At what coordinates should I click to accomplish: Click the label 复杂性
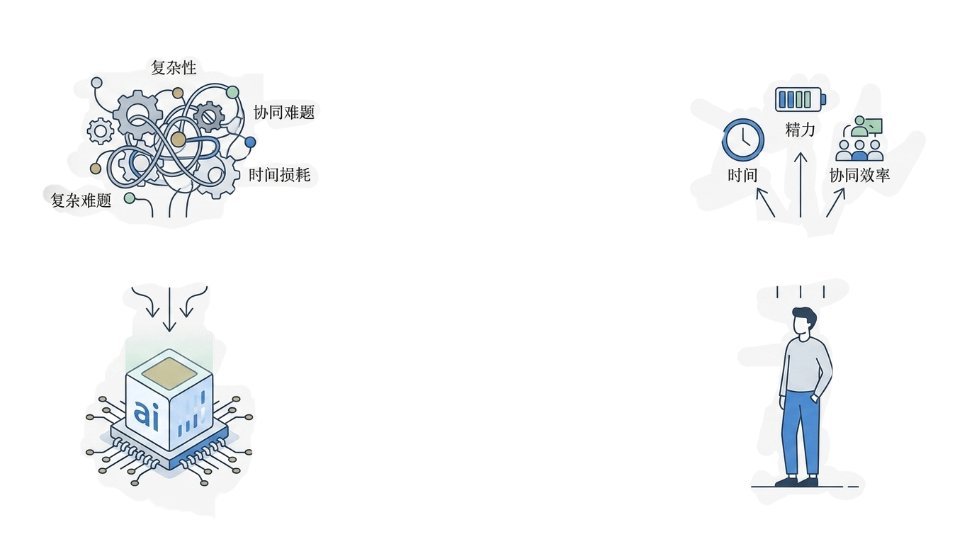click(174, 68)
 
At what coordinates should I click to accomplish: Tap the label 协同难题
click(284, 112)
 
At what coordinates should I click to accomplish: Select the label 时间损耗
click(280, 175)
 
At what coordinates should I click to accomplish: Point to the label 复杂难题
click(81, 200)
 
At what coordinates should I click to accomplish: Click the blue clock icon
click(743, 140)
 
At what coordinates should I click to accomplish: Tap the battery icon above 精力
click(801, 100)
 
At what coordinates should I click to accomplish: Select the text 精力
click(801, 130)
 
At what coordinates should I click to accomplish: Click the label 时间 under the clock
click(742, 175)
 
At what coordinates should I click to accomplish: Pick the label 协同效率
click(859, 175)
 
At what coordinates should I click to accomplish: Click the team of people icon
click(859, 138)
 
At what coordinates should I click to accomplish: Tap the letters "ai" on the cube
click(147, 414)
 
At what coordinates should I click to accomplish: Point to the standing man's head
click(804, 322)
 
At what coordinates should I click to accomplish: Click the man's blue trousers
click(801, 433)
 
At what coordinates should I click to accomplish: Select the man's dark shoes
click(797, 481)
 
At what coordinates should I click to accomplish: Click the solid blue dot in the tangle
click(250, 142)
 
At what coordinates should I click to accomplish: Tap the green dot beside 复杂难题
click(130, 198)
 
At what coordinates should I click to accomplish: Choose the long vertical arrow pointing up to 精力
click(801, 185)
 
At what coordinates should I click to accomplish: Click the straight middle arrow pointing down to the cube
click(169, 310)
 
